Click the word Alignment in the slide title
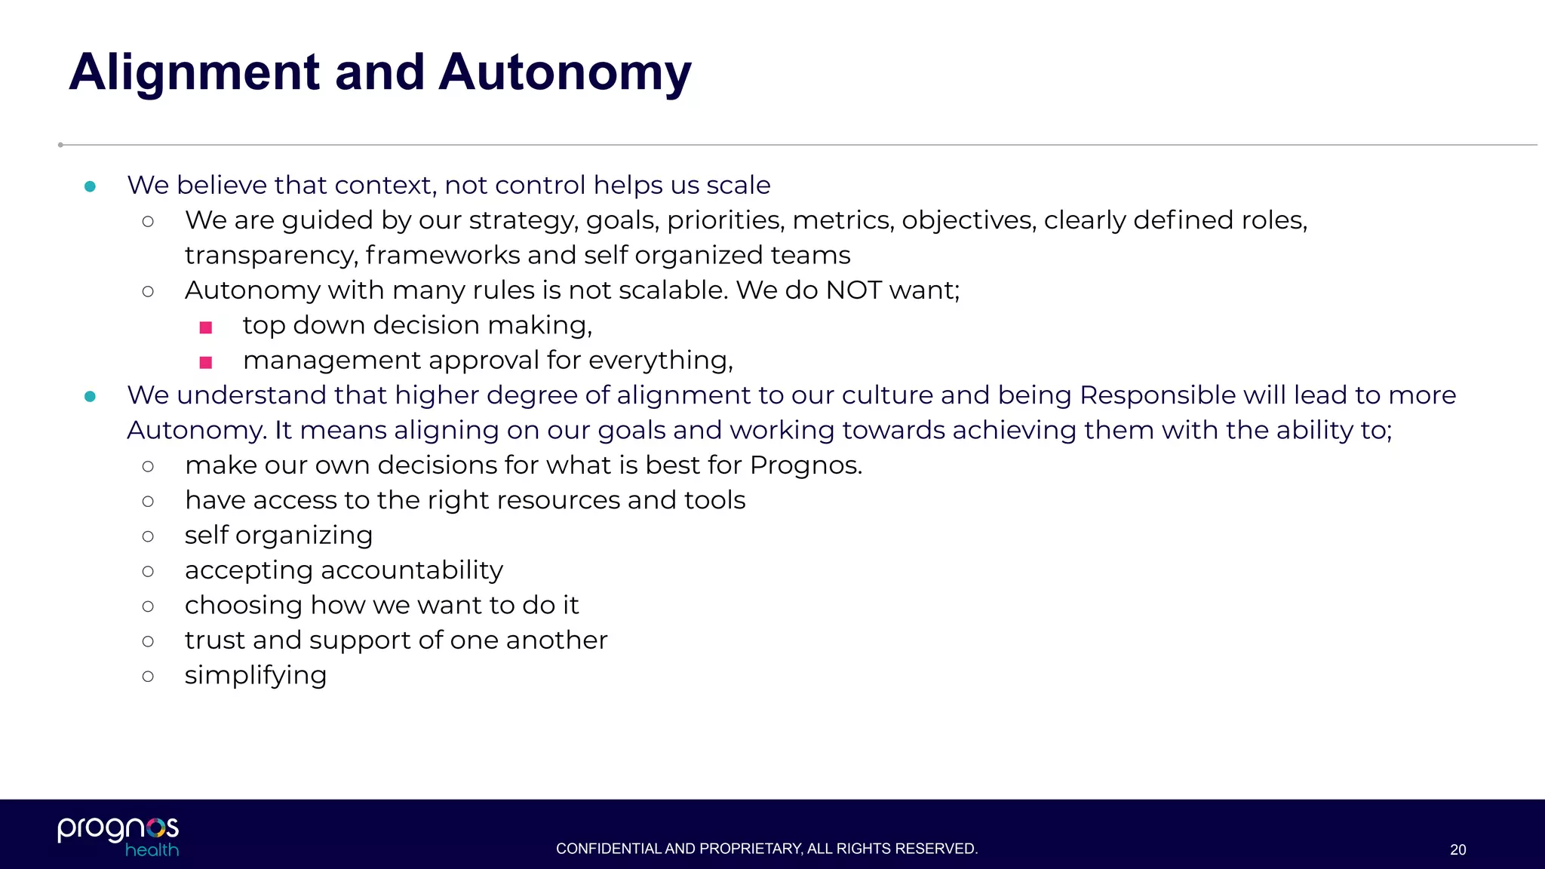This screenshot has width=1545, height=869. (x=195, y=73)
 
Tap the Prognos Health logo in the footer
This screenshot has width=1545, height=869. (x=118, y=836)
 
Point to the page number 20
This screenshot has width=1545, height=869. (x=1457, y=850)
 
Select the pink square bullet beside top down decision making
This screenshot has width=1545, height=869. (x=206, y=327)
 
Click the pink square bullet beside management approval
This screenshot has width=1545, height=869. (x=206, y=362)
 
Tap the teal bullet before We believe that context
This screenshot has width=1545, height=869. (x=91, y=186)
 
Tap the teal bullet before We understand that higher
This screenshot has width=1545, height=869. (x=91, y=397)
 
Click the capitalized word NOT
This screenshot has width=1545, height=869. (x=853, y=290)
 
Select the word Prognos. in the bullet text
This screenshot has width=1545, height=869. (x=806, y=465)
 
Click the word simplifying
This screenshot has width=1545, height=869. (x=256, y=676)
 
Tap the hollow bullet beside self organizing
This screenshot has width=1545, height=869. (x=148, y=536)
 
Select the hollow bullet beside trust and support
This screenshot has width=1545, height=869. (x=148, y=641)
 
